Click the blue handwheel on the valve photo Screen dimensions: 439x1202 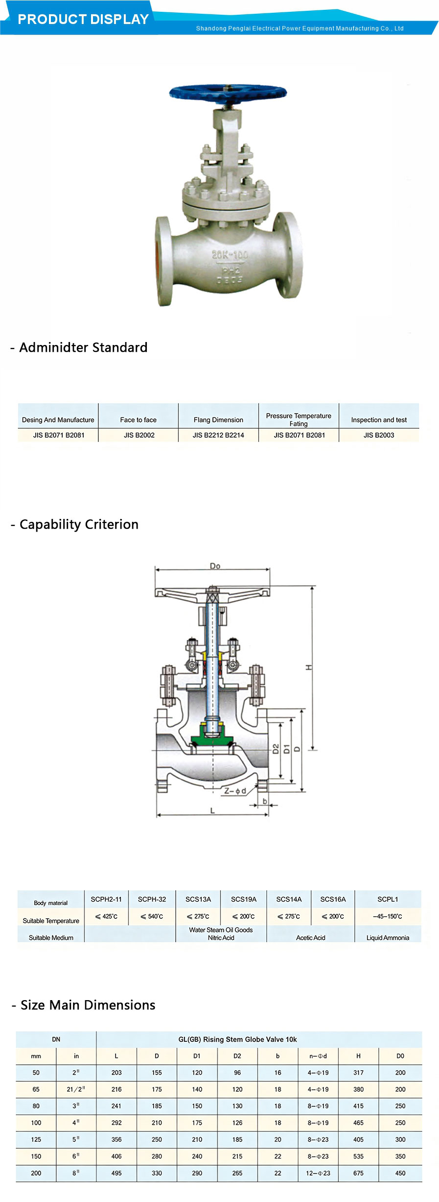point(228,93)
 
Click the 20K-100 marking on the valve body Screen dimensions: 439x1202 point(230,255)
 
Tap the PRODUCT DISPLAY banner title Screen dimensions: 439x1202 point(83,19)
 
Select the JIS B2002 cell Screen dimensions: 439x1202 point(139,435)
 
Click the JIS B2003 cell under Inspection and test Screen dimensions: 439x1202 point(379,435)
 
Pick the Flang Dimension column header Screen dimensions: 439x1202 point(218,420)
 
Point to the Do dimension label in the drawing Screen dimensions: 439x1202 point(215,566)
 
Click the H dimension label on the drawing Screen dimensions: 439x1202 point(309,667)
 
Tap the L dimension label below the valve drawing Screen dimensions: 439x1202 point(212,811)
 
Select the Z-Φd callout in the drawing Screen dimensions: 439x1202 point(235,791)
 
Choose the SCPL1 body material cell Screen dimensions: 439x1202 point(388,899)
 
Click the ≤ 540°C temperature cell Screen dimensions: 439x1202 point(152,916)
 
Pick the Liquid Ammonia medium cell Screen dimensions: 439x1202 point(388,937)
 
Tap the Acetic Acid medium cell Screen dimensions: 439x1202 point(311,937)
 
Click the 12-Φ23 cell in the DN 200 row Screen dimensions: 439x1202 point(318,1173)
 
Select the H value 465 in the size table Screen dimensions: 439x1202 point(358,1123)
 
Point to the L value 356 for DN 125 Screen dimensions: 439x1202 point(116,1139)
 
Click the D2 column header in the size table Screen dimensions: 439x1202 point(237,1056)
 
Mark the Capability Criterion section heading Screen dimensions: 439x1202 point(79,524)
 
